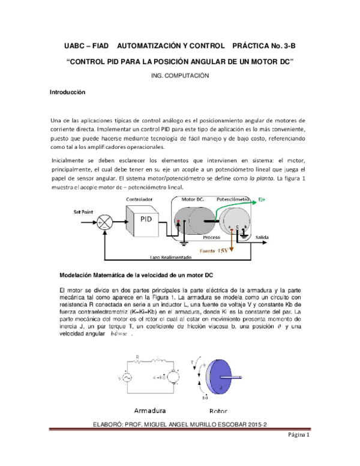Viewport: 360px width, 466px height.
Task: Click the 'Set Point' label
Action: pos(83,212)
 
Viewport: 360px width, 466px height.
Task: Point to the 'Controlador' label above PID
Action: pos(139,199)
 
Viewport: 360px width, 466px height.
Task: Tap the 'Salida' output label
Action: pos(262,238)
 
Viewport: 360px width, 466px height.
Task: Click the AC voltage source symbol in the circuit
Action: pos(126,378)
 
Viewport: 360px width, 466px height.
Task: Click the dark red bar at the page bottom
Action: pos(180,429)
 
